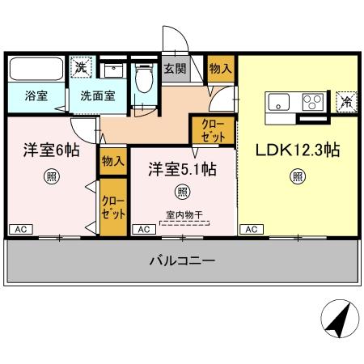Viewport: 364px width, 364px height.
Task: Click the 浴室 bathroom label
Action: pos(35,95)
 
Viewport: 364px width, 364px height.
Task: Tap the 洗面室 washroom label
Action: pos(96,95)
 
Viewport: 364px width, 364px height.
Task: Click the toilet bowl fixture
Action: pos(145,79)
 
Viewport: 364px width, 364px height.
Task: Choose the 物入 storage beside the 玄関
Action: pos(220,70)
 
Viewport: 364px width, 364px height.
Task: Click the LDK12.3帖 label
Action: pos(298,151)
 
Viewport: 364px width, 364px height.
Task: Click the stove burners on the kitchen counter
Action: pos(312,102)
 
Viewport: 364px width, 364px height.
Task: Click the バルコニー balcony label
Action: pos(181,260)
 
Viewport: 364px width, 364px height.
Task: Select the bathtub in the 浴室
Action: pos(36,70)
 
